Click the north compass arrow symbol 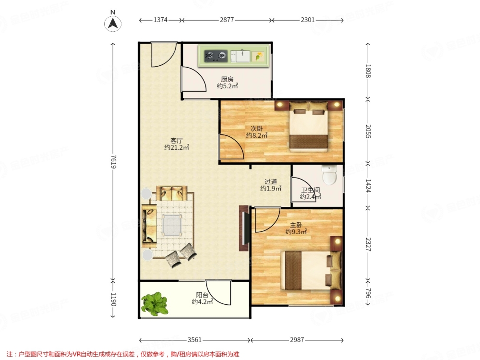click(x=113, y=24)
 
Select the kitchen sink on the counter click(x=240, y=56)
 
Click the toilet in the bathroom click(x=329, y=175)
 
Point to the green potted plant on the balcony click(x=155, y=304)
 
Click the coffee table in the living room click(x=172, y=225)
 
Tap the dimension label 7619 click(x=113, y=162)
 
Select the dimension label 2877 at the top click(x=227, y=20)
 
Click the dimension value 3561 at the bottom click(x=195, y=340)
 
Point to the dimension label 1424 click(x=368, y=186)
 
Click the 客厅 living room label click(x=177, y=141)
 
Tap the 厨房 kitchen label click(x=227, y=79)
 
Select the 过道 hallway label click(x=271, y=182)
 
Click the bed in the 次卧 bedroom click(x=309, y=127)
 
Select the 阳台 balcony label click(x=202, y=295)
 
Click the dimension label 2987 click(x=297, y=340)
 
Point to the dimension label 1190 click(x=113, y=300)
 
